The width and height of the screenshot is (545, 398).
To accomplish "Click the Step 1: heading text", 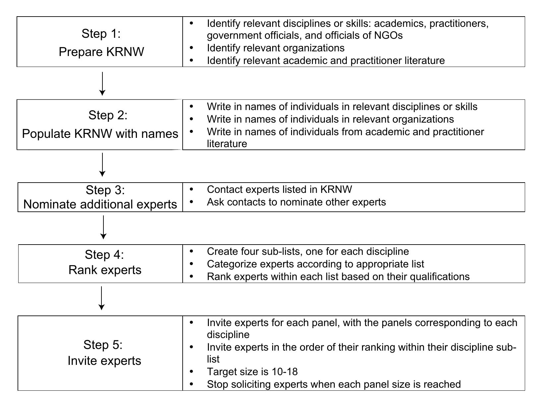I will click(101, 33).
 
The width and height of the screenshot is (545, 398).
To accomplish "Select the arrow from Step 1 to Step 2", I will click(102, 84).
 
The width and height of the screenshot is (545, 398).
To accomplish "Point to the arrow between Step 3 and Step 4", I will click(103, 227).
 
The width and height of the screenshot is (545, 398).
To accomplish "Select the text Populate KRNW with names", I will click(100, 134).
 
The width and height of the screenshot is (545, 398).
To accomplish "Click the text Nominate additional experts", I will click(100, 204).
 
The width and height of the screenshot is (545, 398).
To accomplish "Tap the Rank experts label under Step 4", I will click(105, 270).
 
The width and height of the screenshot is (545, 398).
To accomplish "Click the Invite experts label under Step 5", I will click(104, 361).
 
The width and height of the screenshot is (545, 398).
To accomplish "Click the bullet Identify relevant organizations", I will click(275, 48).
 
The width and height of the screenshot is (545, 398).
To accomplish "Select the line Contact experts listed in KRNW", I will click(279, 189).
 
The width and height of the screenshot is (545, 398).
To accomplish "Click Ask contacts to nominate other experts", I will click(296, 202).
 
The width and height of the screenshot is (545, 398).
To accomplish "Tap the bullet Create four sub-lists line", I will click(308, 251).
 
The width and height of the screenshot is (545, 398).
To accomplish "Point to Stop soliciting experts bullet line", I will click(333, 384).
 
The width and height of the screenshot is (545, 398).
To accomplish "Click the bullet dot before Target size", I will click(191, 371).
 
